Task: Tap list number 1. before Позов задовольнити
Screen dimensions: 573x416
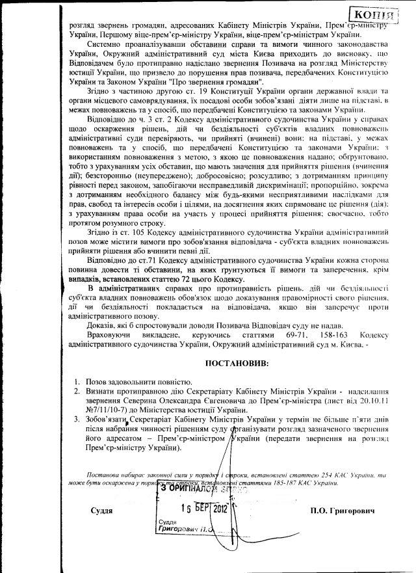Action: click(x=76, y=381)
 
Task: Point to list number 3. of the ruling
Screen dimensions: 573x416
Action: click(x=76, y=421)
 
